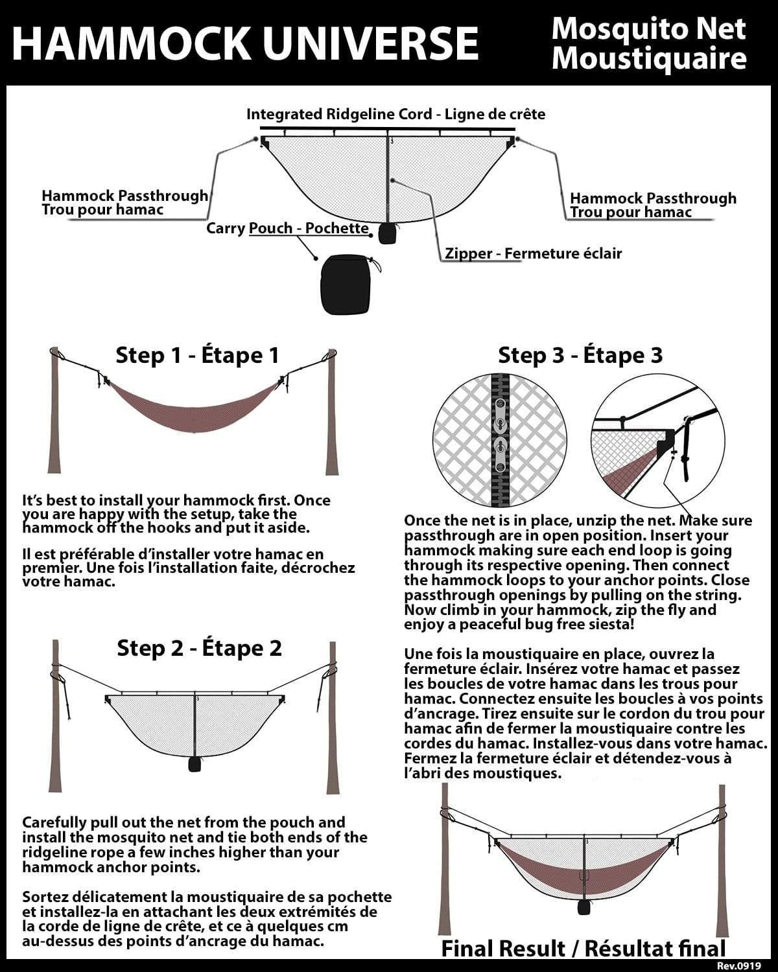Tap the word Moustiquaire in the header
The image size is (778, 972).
click(x=648, y=58)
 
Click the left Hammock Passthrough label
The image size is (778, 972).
click(x=124, y=202)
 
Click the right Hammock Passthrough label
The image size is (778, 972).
click(x=653, y=205)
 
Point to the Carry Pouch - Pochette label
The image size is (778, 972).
click(x=287, y=228)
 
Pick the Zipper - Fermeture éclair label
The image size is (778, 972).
click(x=533, y=253)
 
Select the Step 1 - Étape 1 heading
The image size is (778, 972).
click(x=197, y=355)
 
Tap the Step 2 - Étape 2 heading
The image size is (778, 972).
click(x=199, y=648)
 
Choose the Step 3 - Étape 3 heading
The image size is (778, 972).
click(x=580, y=355)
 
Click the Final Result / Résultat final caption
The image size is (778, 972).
click(x=583, y=949)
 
